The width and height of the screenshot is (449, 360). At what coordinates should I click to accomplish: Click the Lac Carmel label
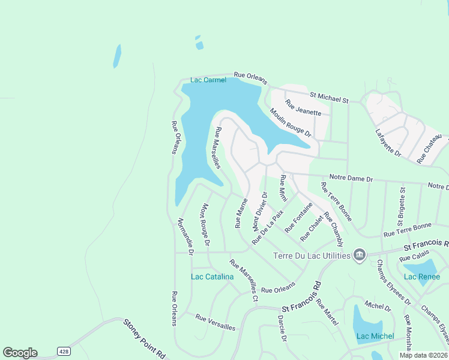coord(208,80)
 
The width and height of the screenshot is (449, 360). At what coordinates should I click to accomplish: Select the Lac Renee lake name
coord(418,276)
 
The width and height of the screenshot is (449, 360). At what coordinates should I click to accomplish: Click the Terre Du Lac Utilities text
coord(312,256)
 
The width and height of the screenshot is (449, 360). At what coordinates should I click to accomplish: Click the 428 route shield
coord(63,350)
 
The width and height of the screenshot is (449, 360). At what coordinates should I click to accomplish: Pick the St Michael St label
coord(329,97)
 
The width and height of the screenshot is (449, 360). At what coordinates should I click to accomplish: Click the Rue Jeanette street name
coord(307,108)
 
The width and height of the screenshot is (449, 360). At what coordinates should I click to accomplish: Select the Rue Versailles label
coord(215,323)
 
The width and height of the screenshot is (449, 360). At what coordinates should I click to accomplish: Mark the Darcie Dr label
coord(282,329)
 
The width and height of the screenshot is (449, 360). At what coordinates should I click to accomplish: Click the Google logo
coord(20,353)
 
